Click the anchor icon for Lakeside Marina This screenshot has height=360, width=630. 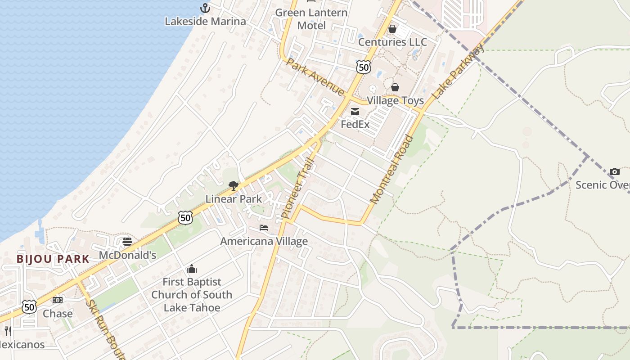point(205,8)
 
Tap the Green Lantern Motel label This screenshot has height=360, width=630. point(311,19)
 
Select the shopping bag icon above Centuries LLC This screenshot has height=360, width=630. point(392,29)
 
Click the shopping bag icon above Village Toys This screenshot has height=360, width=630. point(395,87)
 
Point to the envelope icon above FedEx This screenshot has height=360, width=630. point(355,112)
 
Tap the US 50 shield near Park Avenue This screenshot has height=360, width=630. point(363,67)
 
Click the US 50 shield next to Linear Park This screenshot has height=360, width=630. point(185,218)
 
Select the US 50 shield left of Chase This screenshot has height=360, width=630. point(29,307)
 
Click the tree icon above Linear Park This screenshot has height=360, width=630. point(233,185)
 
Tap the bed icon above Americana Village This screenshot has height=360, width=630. point(264,228)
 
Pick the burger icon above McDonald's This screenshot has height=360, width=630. point(127,242)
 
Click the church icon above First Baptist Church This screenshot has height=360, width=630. point(192,269)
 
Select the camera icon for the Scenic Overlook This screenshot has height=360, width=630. point(614,171)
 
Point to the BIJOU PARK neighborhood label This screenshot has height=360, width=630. point(53,259)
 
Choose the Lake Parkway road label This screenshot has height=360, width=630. point(458,72)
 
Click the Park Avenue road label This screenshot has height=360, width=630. point(315,77)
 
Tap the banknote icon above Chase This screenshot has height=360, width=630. point(58,300)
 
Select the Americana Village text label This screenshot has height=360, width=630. point(264,241)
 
